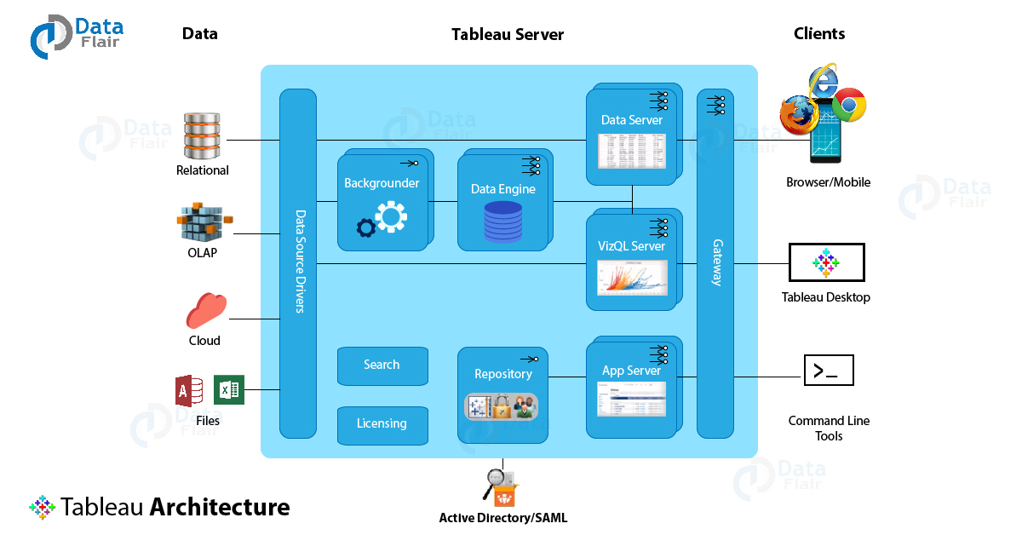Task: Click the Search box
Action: point(382,365)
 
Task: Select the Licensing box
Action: point(382,425)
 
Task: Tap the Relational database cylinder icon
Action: point(202,135)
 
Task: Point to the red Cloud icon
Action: point(206,310)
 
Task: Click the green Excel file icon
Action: point(228,390)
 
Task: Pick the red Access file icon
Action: point(189,391)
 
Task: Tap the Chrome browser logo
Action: point(848,105)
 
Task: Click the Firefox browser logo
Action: point(799,115)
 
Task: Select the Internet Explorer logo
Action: point(824,82)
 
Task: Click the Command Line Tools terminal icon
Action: point(829,371)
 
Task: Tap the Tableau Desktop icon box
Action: point(826,262)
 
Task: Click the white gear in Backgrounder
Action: point(391,217)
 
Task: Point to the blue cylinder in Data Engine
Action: point(502,221)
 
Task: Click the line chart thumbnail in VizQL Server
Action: point(632,278)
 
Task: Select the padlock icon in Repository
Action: point(502,406)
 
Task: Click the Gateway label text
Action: point(717,262)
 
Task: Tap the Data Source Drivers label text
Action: point(300,262)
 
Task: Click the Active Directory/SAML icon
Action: point(501,487)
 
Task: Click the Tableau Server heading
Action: point(508,35)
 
